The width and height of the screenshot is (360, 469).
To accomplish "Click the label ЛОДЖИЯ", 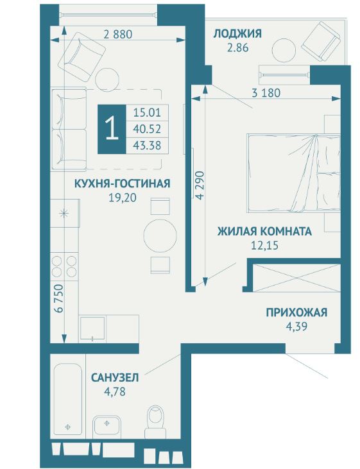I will pyautogui.click(x=237, y=33).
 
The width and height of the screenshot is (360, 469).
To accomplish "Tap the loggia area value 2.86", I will pyautogui.click(x=237, y=47).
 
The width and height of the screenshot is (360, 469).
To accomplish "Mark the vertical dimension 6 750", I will pyautogui.click(x=58, y=299).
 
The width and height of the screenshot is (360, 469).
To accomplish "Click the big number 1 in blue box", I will pyautogui.click(x=112, y=128).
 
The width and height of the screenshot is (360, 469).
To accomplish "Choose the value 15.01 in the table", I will pyautogui.click(x=146, y=112).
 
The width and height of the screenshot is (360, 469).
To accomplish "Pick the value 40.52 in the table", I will pyautogui.click(x=146, y=128).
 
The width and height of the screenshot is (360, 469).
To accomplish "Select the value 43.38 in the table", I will pyautogui.click(x=146, y=144).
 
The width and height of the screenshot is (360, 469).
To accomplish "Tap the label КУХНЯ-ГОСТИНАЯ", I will pyautogui.click(x=122, y=184).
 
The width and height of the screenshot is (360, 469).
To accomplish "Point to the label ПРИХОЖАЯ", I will pyautogui.click(x=296, y=313).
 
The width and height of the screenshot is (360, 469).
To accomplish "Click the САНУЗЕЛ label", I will pyautogui.click(x=115, y=378).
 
